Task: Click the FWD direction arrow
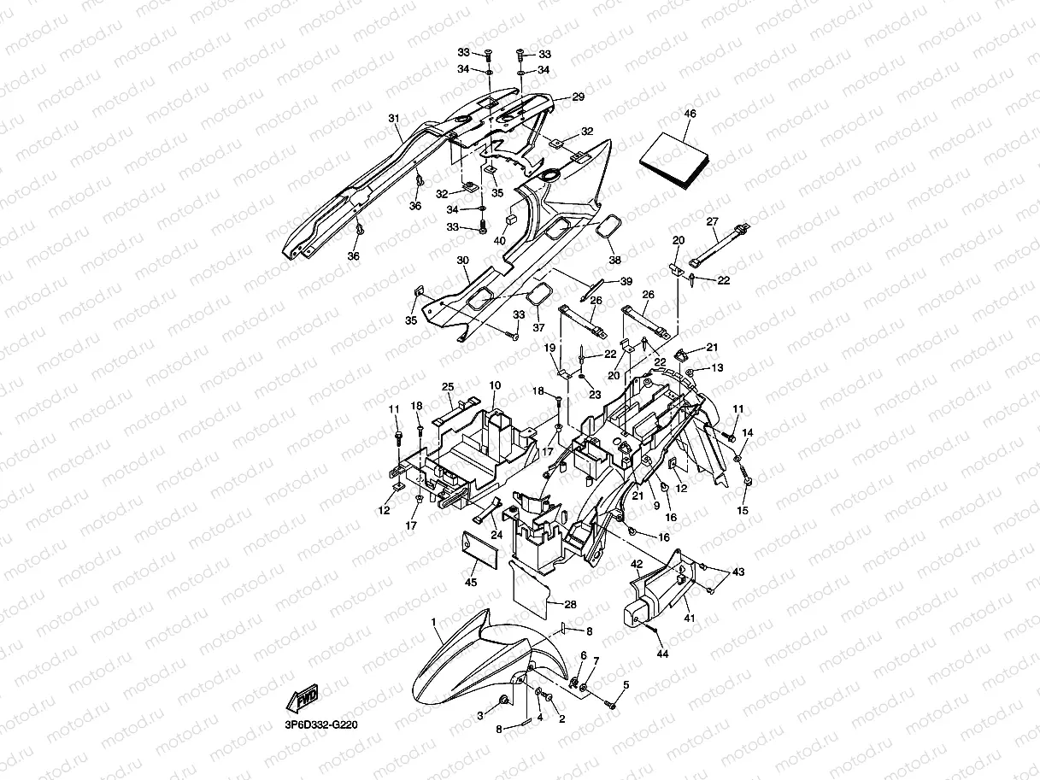tap(305, 700)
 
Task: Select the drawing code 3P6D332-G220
tap(321, 724)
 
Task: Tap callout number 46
tap(690, 114)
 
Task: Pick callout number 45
tap(470, 583)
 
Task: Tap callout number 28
tap(570, 604)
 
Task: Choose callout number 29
tap(578, 97)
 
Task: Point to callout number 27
tap(712, 221)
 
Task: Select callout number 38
tap(614, 260)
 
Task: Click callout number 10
tap(495, 385)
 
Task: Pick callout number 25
tap(448, 387)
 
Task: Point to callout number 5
tap(626, 684)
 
